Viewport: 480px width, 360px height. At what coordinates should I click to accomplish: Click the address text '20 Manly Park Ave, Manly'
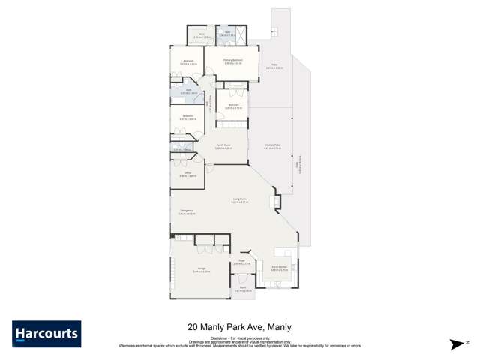point(239,327)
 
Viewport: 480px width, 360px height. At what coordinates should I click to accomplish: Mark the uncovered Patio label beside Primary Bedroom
point(274,66)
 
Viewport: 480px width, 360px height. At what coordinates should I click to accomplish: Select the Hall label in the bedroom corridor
point(209,105)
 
